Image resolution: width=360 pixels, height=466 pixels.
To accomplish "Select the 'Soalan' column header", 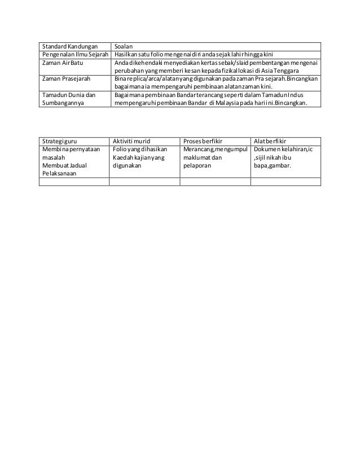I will (x=122, y=46).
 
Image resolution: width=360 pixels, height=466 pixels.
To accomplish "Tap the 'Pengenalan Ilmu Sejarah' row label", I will (x=73, y=54).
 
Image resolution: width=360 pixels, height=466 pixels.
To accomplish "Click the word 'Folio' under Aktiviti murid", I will (x=120, y=149).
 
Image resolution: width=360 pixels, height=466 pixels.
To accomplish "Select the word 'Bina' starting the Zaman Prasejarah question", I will (x=119, y=80).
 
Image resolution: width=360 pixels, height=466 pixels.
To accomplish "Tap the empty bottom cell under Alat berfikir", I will (x=285, y=182).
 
